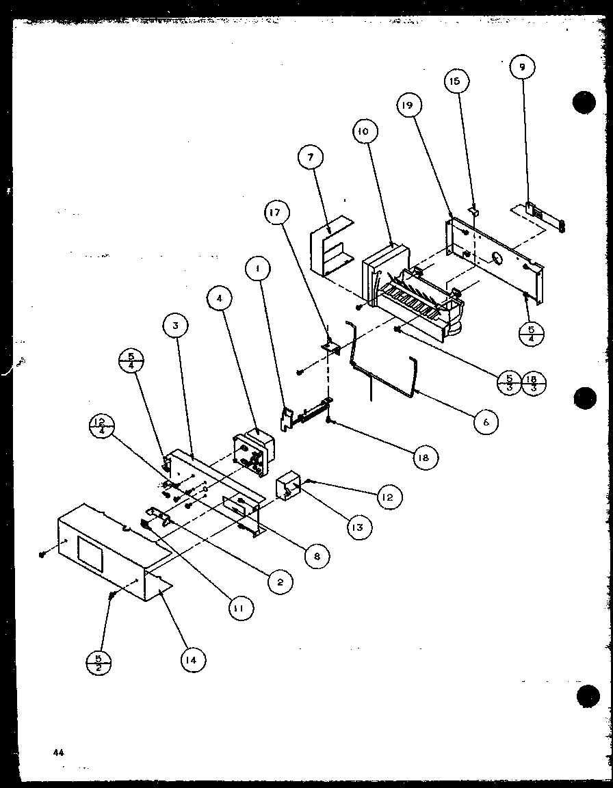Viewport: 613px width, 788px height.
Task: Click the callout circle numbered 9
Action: click(523, 68)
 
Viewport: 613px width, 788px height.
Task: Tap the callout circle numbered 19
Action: click(408, 105)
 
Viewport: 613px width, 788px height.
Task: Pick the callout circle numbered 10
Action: click(362, 131)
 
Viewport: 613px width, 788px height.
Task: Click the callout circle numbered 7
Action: click(311, 157)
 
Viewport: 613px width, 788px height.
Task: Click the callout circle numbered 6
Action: click(485, 422)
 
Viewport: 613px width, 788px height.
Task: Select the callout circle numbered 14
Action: click(193, 659)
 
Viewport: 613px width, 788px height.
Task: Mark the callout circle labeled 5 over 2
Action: click(100, 663)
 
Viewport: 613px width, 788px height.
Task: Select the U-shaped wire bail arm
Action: click(383, 373)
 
